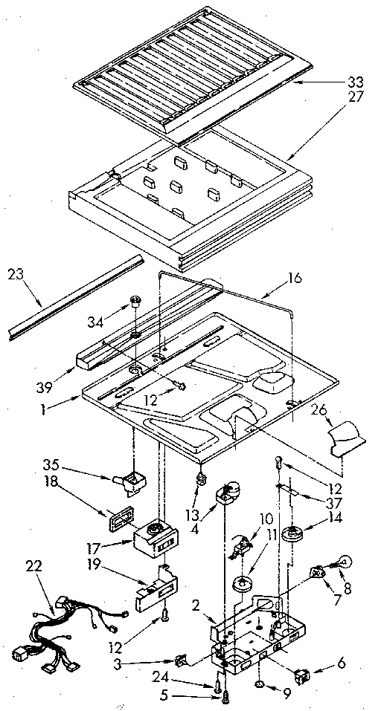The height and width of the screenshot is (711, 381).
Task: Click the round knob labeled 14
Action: [x=297, y=534]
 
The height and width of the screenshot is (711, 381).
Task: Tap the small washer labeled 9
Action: [x=261, y=683]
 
